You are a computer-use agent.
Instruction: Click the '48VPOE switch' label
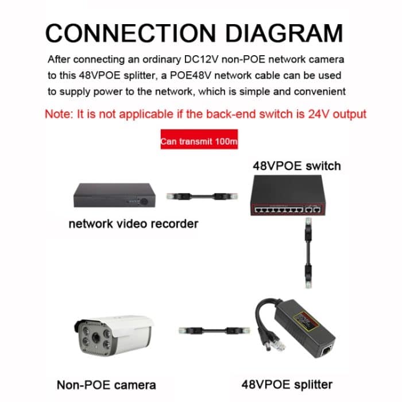[x=296, y=166]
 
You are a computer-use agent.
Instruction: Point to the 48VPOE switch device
[x=285, y=196]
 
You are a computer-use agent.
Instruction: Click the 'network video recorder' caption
[x=133, y=223]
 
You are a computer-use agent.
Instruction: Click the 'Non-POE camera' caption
[x=106, y=384]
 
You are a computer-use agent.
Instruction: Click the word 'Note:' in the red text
[x=59, y=114]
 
